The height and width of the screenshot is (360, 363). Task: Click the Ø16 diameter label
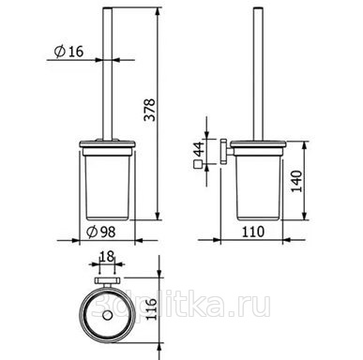[x=68, y=52]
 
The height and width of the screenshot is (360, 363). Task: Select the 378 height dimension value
[x=150, y=110]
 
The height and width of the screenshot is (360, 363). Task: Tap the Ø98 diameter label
[x=101, y=232]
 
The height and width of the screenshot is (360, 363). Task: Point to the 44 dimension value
[x=199, y=149]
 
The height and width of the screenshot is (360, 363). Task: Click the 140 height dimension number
[x=296, y=181]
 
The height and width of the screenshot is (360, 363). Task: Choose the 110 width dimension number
[x=253, y=232]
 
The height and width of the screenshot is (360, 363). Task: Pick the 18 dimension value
[x=107, y=257]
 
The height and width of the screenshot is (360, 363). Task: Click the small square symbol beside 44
[x=198, y=164]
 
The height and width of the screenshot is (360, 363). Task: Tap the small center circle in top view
[x=107, y=315]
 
